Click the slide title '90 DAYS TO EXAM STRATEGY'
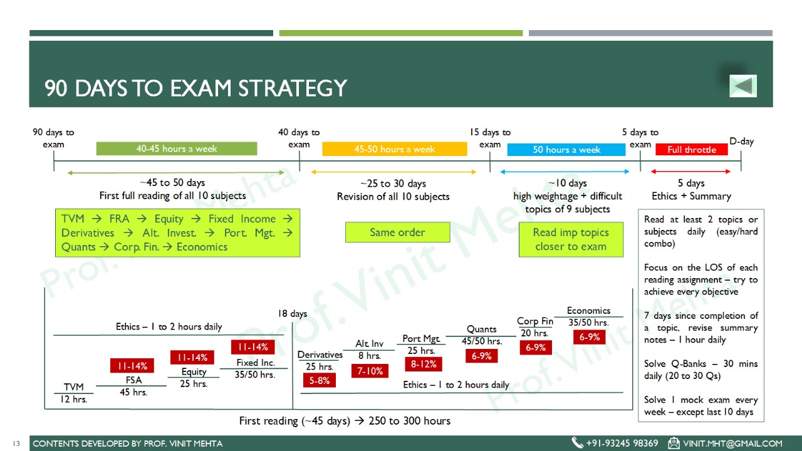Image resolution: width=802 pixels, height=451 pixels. (195, 88)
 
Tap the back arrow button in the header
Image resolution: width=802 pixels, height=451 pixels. (743, 86)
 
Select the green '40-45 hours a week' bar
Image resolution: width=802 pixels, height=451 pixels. (177, 148)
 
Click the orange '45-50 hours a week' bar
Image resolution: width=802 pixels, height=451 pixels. (394, 149)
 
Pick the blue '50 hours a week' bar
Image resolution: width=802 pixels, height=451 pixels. (566, 150)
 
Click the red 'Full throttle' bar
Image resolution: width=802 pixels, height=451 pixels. (691, 150)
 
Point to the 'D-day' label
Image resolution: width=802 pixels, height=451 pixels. (741, 142)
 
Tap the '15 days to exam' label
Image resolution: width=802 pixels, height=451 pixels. (490, 138)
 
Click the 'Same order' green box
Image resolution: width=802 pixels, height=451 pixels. (397, 232)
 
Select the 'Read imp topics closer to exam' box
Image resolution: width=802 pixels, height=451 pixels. (571, 239)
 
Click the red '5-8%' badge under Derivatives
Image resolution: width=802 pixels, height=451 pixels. (319, 380)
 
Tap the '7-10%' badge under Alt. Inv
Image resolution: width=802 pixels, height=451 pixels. (370, 371)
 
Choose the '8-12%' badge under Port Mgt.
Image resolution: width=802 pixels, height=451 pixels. (424, 364)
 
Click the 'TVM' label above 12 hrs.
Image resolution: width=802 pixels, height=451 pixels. (73, 387)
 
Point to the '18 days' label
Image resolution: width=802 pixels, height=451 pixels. (293, 314)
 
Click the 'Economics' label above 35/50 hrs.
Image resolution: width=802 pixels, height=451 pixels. (588, 311)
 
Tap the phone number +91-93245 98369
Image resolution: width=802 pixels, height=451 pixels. (622, 443)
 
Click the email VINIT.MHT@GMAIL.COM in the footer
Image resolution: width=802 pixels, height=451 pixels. (732, 443)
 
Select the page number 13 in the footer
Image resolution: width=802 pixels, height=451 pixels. (16, 443)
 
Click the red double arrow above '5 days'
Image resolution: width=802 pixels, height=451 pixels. (690, 172)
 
